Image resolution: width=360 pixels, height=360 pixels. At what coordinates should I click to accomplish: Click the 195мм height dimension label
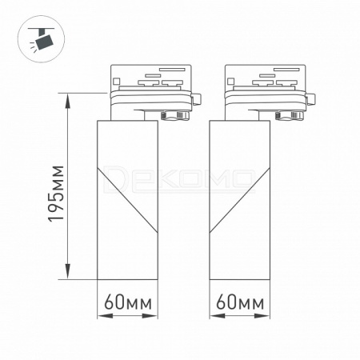pyautogui.click(x=56, y=194)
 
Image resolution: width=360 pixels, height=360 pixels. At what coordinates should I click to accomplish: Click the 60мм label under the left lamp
pyautogui.click(x=128, y=302)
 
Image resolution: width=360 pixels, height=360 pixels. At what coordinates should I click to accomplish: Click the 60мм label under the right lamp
pyautogui.click(x=240, y=302)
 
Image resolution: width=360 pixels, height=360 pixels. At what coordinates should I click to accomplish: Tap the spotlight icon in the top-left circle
pyautogui.click(x=42, y=38)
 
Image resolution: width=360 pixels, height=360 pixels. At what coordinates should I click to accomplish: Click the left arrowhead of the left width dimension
pyautogui.click(x=105, y=316)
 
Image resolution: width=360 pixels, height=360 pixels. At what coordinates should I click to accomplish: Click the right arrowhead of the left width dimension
pyautogui.click(x=150, y=316)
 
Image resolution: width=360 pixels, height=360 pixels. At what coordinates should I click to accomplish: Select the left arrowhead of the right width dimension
pyautogui.click(x=217, y=316)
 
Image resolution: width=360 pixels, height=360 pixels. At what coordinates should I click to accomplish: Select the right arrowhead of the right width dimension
pyautogui.click(x=262, y=316)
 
